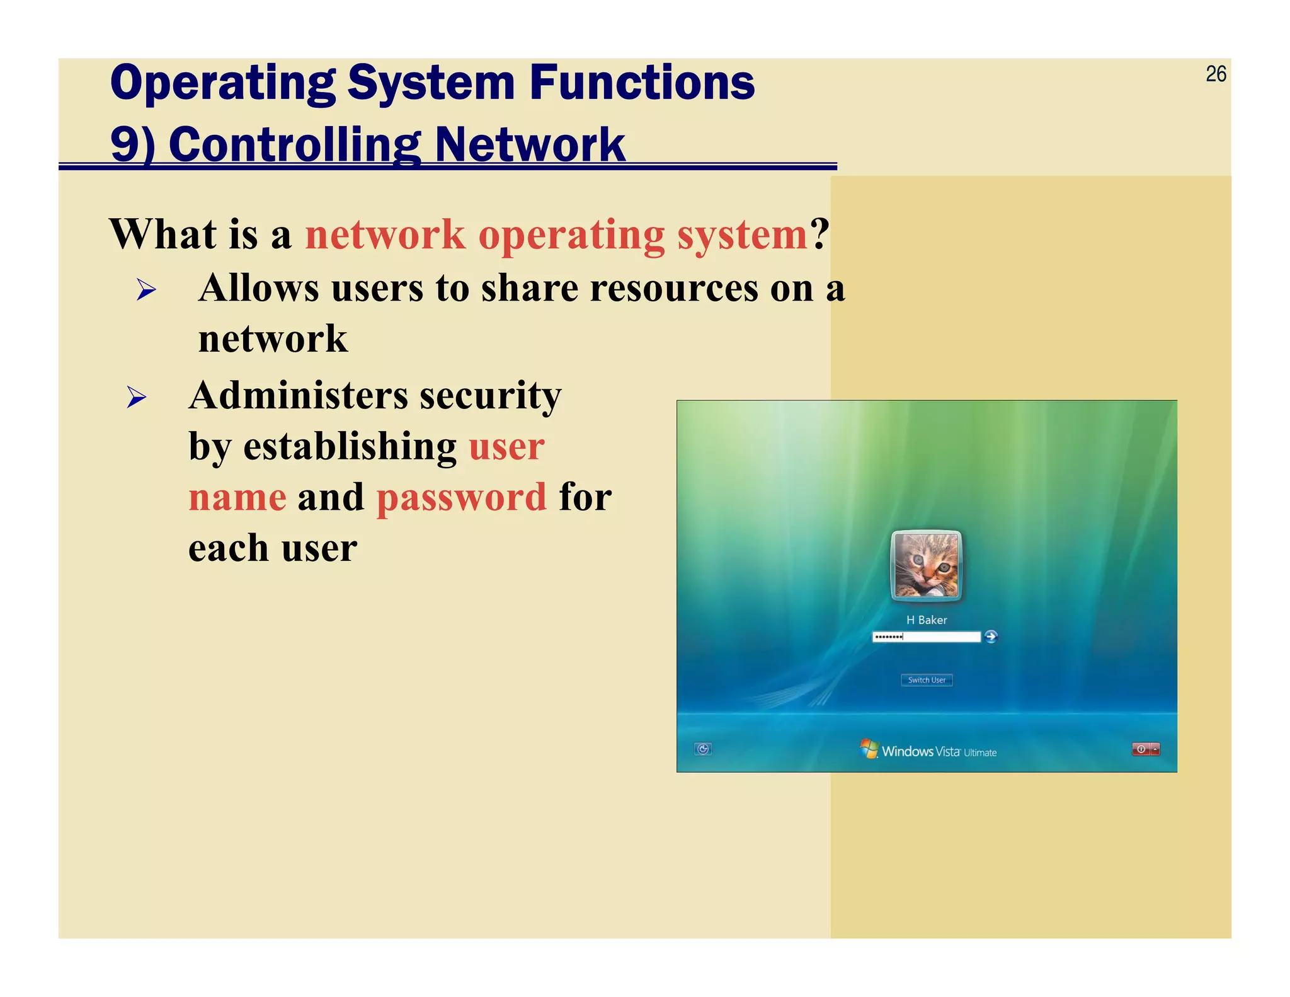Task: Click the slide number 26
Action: [x=1216, y=74]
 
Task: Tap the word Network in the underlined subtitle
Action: [x=530, y=144]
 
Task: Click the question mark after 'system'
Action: [x=819, y=234]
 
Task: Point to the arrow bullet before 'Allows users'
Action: [x=146, y=290]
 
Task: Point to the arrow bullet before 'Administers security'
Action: [x=137, y=397]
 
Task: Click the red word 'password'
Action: [x=462, y=497]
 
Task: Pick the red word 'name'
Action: [x=237, y=497]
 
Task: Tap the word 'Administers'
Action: [x=299, y=396]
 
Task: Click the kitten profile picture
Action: [x=926, y=565]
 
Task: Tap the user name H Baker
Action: [x=927, y=620]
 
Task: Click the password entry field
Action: [x=926, y=637]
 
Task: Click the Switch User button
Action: [x=927, y=680]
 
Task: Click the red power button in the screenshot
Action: [x=1141, y=749]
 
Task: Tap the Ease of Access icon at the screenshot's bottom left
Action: [x=703, y=749]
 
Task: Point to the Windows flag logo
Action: [x=869, y=749]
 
